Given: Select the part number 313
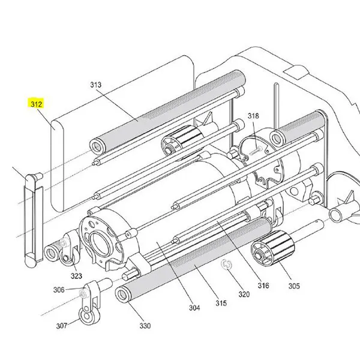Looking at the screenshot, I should point(96,85).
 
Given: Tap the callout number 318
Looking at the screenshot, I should point(253,116).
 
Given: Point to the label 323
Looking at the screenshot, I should point(76,276).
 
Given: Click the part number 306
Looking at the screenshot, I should point(58,290).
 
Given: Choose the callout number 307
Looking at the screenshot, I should point(62,327).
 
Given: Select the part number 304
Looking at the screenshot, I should point(194,308).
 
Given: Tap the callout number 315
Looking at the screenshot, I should point(221,304).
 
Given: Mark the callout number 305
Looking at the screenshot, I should point(293,286).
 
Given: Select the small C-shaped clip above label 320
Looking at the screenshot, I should point(227,265).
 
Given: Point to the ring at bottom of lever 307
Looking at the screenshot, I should point(86,316).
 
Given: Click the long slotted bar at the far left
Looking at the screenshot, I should point(31,220).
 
